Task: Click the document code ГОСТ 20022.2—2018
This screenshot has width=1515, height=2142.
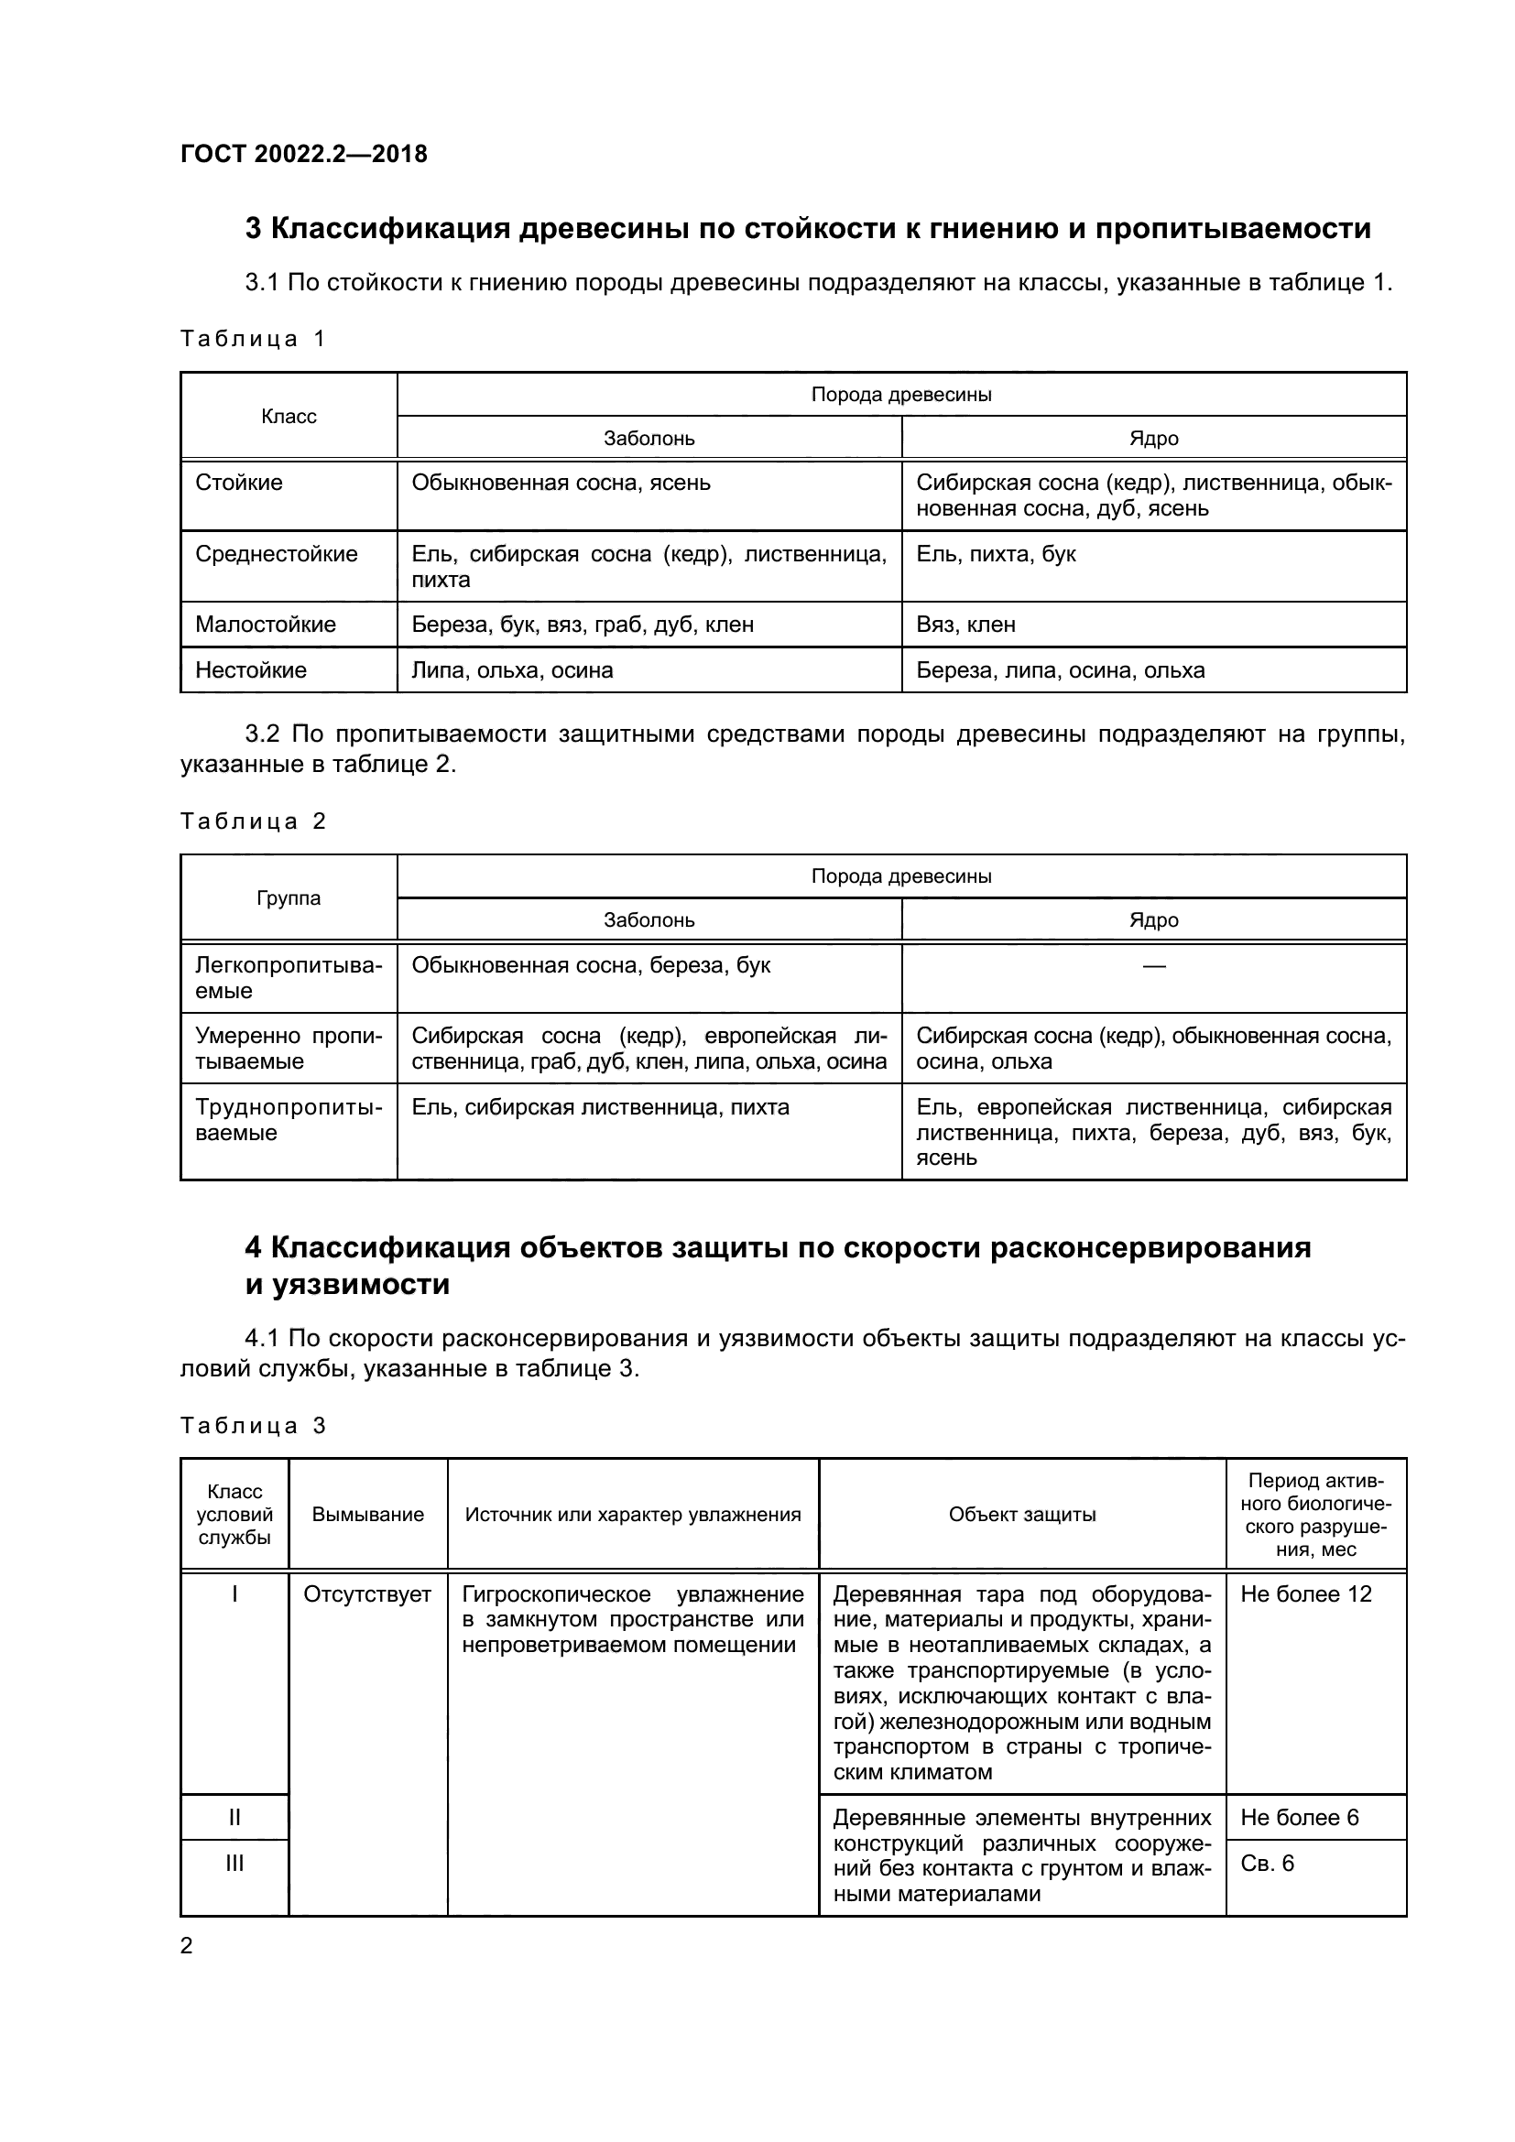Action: [303, 154]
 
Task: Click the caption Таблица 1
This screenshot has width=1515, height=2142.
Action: [252, 339]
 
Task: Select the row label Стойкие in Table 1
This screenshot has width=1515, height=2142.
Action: [239, 483]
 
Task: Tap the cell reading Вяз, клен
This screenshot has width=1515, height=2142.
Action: [965, 625]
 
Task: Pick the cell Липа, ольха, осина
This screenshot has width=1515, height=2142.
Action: [512, 669]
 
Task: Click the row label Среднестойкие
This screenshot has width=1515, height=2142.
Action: [276, 553]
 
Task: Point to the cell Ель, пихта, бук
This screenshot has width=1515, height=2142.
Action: [996, 553]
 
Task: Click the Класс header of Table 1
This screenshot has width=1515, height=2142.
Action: [289, 416]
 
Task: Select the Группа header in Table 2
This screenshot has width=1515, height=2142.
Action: [289, 897]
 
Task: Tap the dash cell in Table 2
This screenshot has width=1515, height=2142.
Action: [1153, 965]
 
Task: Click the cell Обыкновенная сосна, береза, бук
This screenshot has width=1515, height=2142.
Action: [591, 965]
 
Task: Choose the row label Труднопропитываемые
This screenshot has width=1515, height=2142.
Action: [289, 1119]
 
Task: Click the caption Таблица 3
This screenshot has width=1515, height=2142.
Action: [252, 1426]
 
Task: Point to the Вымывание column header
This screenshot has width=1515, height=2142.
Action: [367, 1514]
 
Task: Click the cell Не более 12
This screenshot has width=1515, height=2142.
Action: [1305, 1594]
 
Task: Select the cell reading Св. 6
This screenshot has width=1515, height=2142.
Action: [1267, 1863]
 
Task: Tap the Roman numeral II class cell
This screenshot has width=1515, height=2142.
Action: [234, 1817]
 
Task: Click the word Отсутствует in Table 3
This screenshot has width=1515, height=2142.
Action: [367, 1594]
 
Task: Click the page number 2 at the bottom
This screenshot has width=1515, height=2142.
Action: [187, 1946]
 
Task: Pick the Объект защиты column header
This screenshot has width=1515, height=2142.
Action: [1021, 1514]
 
